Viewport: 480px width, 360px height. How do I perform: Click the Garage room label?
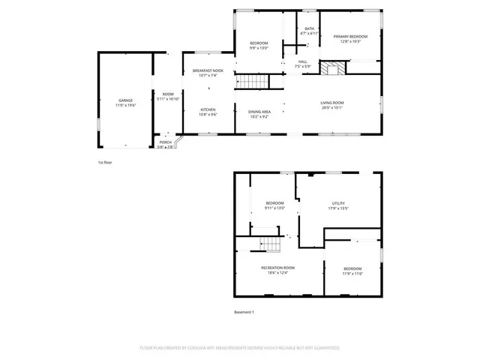(125, 100)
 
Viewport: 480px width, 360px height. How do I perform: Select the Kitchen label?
(208, 109)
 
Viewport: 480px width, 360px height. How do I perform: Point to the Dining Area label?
(260, 111)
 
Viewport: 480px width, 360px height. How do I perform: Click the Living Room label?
(332, 103)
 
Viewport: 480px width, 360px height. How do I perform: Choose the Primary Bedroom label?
(350, 37)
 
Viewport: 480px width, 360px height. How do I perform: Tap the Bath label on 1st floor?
(309, 28)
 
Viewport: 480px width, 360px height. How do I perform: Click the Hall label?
(303, 61)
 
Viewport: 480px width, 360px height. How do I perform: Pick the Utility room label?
(338, 203)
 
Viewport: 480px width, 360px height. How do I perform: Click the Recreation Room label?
(277, 268)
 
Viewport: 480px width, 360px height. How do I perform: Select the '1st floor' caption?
(106, 163)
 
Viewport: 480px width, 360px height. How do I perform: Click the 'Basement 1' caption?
(244, 312)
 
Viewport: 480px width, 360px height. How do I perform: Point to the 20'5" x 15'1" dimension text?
(332, 107)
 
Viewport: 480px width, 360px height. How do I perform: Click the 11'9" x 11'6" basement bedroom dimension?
(352, 274)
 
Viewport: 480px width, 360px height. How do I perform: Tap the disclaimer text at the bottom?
(240, 348)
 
